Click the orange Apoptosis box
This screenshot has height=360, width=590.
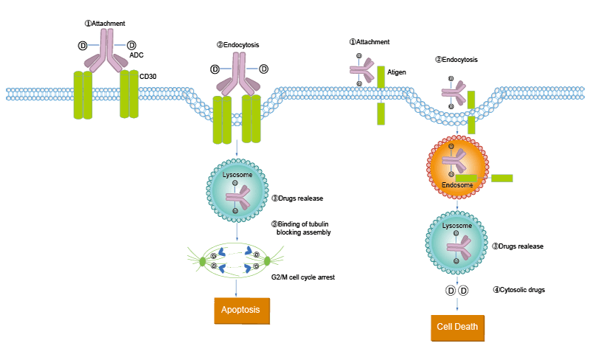pyautogui.click(x=242, y=311)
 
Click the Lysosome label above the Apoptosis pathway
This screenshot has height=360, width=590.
pyautogui.click(x=236, y=175)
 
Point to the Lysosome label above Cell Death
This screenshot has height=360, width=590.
pyautogui.click(x=457, y=226)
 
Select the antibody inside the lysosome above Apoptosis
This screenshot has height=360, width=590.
pyautogui.click(x=237, y=196)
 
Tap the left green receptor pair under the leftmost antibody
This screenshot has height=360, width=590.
pyautogui.click(x=83, y=95)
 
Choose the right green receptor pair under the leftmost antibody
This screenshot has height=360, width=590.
pyautogui.click(x=129, y=94)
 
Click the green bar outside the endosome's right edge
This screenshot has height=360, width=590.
pyautogui.click(x=502, y=178)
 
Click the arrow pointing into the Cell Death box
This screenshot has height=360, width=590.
pyautogui.click(x=457, y=302)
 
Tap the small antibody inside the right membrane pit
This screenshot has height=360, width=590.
pyautogui.click(x=452, y=93)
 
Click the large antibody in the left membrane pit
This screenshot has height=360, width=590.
pyautogui.click(x=237, y=74)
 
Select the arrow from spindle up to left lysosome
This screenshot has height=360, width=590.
pyautogui.click(x=237, y=233)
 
